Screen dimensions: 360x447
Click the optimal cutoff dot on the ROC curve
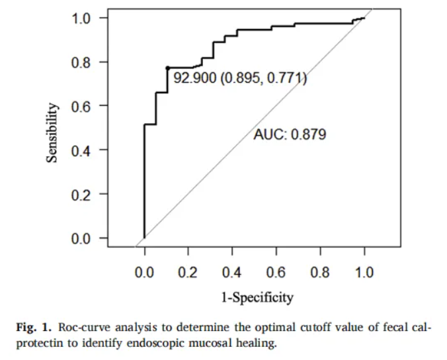click(167, 67)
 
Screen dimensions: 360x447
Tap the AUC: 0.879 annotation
click(290, 135)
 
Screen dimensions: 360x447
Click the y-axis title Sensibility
click(52, 132)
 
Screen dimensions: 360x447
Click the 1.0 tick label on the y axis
click(82, 18)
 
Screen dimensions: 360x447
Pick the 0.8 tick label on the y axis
click(82, 62)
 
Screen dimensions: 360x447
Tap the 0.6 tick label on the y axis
click(82, 106)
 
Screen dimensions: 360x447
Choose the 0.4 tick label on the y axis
click(82, 150)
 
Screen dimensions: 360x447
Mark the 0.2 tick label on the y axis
click(82, 194)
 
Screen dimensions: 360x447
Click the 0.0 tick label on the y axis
click(82, 238)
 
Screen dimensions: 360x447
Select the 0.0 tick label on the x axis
click(144, 273)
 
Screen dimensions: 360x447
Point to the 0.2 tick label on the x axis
click(188, 273)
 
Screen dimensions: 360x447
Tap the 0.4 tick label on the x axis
click(232, 273)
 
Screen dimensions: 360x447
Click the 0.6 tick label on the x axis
click(276, 273)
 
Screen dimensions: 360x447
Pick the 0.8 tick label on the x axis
click(320, 273)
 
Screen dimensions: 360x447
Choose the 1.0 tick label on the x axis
click(364, 273)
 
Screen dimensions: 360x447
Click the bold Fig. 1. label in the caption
click(34, 328)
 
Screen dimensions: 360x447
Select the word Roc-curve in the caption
click(80, 328)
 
